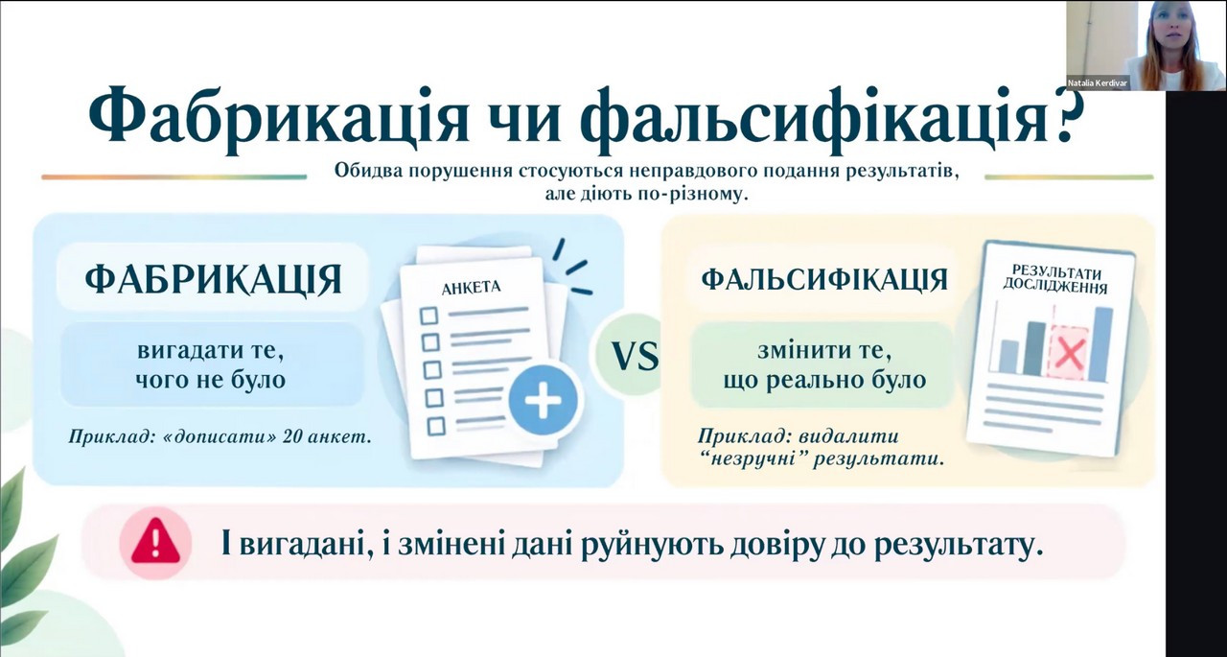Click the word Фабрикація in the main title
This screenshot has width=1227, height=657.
(278, 121)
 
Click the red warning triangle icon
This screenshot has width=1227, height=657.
(155, 541)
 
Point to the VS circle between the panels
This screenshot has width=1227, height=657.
(635, 355)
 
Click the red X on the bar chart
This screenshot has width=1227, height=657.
(1069, 353)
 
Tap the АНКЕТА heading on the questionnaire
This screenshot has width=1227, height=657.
(471, 288)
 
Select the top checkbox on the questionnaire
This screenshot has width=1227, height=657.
(428, 316)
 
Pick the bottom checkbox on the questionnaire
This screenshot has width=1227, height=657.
(436, 426)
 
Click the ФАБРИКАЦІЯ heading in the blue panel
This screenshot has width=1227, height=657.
(214, 280)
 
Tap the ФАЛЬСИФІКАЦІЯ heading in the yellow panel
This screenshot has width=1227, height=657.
(824, 280)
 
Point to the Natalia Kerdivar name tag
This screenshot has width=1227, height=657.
(1098, 83)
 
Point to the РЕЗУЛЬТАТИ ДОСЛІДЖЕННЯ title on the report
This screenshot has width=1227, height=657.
(1055, 279)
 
